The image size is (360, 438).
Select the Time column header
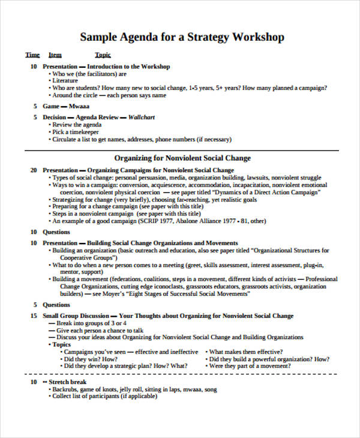click(32, 55)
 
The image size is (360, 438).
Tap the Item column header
click(55, 55)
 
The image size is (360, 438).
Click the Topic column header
click(103, 55)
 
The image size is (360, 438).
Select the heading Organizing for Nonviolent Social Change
click(182, 158)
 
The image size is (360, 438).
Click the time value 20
click(34, 170)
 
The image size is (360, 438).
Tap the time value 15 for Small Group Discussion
click(34, 316)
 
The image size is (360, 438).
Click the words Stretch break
click(68, 382)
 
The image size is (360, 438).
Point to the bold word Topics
click(61, 344)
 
